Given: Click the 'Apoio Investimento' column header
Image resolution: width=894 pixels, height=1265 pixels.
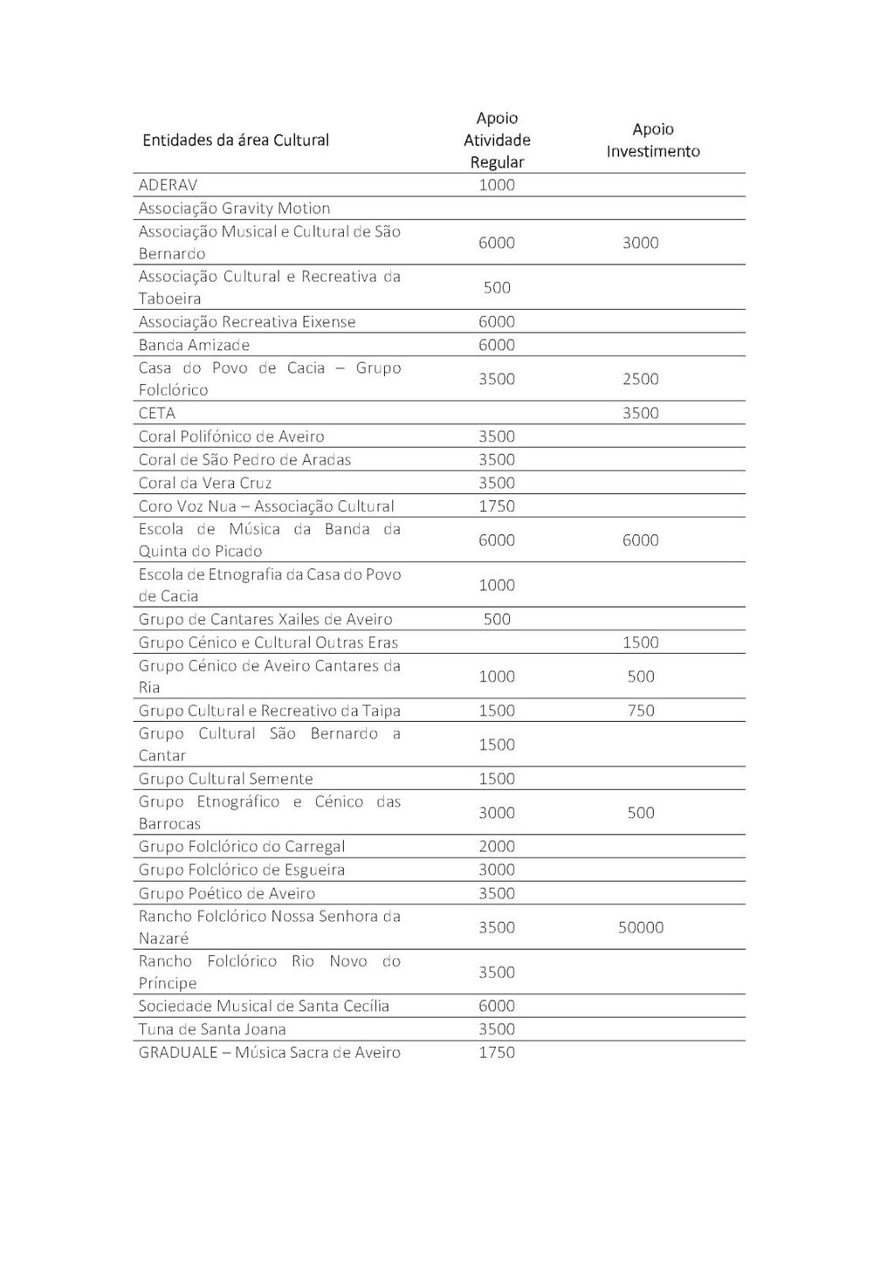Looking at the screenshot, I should (x=653, y=140).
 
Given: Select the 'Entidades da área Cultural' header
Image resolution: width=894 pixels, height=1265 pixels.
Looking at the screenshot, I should (x=236, y=140).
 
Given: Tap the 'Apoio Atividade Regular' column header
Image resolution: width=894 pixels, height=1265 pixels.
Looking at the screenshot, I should (x=497, y=140).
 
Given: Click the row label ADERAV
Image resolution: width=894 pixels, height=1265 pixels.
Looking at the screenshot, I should (x=168, y=185).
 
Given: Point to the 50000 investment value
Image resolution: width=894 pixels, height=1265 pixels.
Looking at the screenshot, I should (x=641, y=927).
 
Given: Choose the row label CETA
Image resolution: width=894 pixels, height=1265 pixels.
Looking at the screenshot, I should (x=157, y=413).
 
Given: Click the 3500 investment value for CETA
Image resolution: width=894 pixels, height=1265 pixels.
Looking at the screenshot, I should (x=641, y=413).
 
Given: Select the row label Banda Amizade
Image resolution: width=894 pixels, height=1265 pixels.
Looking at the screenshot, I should (x=194, y=345).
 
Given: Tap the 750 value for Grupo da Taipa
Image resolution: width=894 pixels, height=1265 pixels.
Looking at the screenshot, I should (x=641, y=711).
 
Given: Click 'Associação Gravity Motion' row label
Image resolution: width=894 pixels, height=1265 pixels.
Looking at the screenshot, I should (x=234, y=209).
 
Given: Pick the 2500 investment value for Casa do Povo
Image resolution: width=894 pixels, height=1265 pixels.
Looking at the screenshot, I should (x=641, y=379).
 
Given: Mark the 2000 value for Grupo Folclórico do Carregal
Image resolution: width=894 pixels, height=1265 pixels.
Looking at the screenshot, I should (x=497, y=846).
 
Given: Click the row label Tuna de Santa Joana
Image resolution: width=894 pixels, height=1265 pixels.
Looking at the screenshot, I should (x=212, y=1029).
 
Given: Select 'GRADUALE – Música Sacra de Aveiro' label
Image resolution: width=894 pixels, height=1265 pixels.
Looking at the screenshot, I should (x=269, y=1053).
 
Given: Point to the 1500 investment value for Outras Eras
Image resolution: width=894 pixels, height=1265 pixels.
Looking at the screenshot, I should (x=641, y=643).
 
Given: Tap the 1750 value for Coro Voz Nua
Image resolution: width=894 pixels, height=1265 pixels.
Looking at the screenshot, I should (x=497, y=506).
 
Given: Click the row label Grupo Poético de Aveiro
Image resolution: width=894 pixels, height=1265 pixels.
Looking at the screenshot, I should (x=227, y=893).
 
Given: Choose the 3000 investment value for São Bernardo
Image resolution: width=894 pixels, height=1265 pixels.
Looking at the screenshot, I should (x=641, y=243).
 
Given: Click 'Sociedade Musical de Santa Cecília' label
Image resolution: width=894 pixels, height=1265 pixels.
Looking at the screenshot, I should (x=264, y=1006).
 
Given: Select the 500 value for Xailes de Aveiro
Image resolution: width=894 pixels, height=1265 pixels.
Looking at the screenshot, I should (x=497, y=619).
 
